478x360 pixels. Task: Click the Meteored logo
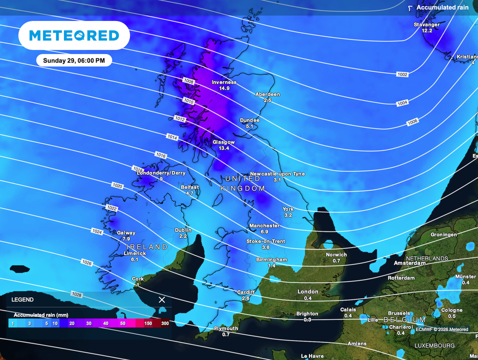[74, 35]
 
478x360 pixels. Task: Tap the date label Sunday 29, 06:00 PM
[74, 60]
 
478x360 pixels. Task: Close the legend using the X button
[162, 300]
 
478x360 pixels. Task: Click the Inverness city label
[224, 83]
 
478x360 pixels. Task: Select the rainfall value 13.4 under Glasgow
[224, 148]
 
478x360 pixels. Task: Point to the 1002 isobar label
[402, 75]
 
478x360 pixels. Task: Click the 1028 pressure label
[77, 294]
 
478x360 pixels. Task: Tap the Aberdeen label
[267, 94]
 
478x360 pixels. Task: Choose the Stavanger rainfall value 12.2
[427, 30]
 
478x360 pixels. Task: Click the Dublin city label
[183, 230]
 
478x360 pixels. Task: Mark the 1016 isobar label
[161, 155]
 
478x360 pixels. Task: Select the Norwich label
[336, 255]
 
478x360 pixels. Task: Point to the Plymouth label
[226, 328]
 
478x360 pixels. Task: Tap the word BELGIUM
[405, 320]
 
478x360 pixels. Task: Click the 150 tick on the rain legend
[148, 323]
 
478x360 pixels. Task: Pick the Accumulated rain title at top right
[442, 7]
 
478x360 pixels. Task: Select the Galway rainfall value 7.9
[126, 239]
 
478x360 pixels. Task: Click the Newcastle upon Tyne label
[277, 173]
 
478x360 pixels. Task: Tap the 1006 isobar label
[412, 122]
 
